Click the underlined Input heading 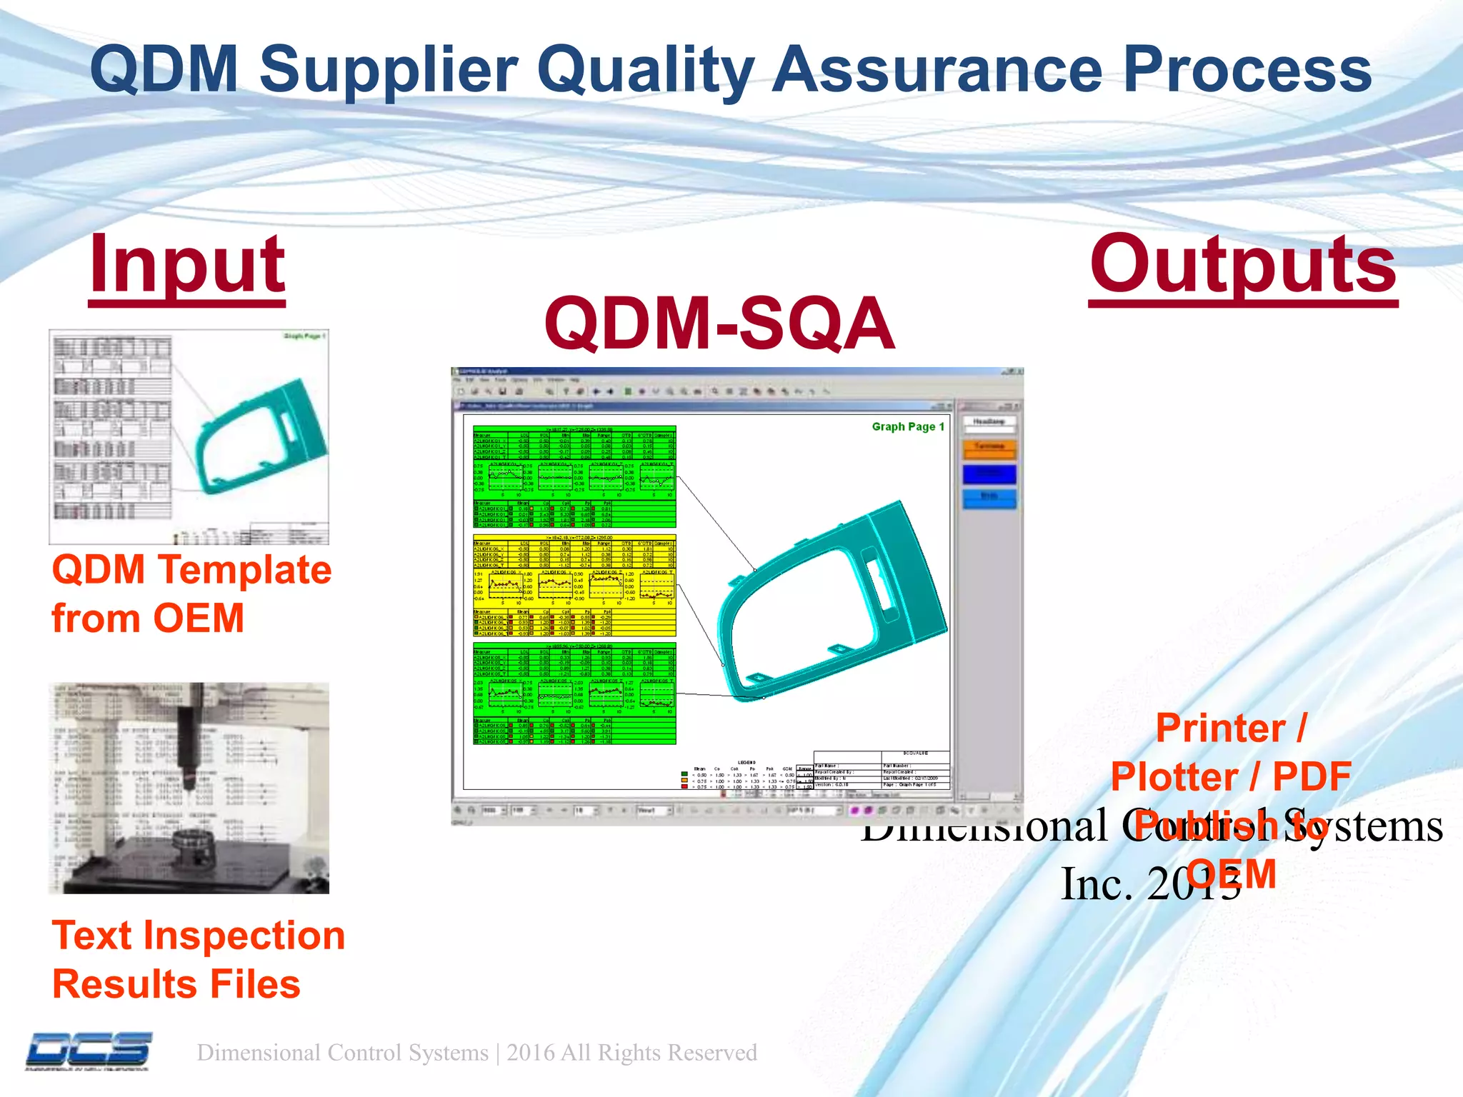(x=187, y=266)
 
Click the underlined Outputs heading (x=1243, y=266)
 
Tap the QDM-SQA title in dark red (x=719, y=325)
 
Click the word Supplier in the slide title (x=389, y=70)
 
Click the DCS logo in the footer (x=89, y=1051)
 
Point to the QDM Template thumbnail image (x=189, y=436)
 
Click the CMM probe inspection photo (x=189, y=788)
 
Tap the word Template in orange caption (x=245, y=570)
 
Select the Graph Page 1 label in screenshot (x=907, y=426)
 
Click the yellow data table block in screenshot (x=574, y=585)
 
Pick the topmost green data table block (x=574, y=477)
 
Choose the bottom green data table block (x=574, y=693)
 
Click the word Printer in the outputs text (x=1220, y=729)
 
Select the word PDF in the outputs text (x=1312, y=777)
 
